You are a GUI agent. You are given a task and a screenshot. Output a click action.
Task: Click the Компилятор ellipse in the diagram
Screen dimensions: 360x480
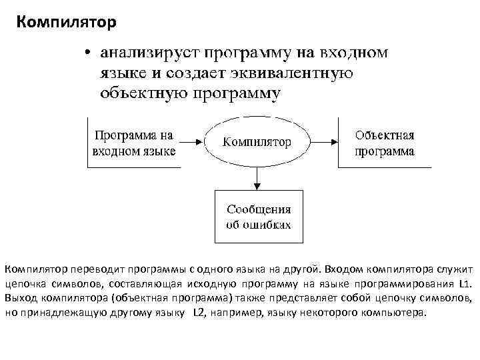[257, 141]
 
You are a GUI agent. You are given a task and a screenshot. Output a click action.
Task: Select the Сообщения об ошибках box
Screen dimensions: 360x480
[258, 217]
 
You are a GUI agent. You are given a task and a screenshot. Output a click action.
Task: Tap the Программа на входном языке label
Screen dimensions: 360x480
[133, 143]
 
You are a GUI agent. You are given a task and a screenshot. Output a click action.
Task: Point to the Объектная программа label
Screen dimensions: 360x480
[384, 143]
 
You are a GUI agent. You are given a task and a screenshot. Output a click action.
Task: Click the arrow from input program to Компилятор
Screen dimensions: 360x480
[191, 141]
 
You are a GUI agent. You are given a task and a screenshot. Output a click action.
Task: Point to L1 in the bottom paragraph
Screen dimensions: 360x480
[466, 283]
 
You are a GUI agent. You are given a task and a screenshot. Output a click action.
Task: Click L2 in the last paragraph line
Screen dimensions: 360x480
[199, 312]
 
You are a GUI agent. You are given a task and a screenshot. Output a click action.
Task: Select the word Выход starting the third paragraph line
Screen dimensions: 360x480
[19, 297]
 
